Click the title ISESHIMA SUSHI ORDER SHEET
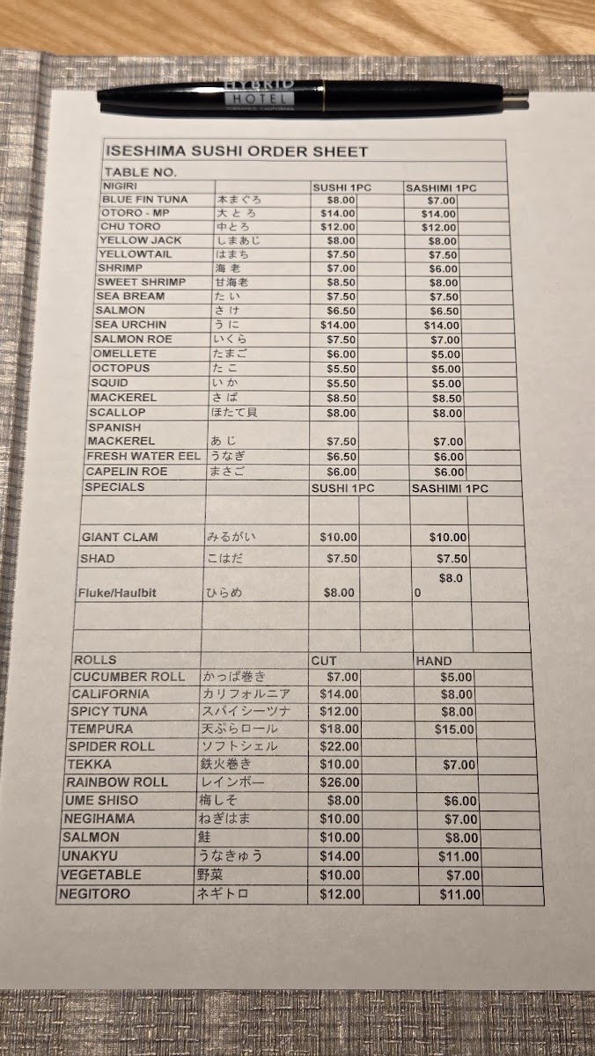[x=235, y=151]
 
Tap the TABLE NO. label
[x=140, y=172]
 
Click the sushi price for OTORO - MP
[x=338, y=213]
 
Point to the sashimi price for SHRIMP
[x=444, y=268]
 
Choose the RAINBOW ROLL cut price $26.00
[x=340, y=781]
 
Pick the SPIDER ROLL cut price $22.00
[x=340, y=746]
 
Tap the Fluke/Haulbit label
[x=117, y=593]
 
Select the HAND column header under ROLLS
[x=434, y=660]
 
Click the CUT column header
[x=323, y=660]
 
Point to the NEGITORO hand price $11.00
[x=460, y=895]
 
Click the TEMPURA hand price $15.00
[x=454, y=729]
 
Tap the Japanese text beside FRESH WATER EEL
[x=227, y=457]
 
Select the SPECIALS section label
[x=114, y=487]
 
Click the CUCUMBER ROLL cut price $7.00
[x=342, y=677]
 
